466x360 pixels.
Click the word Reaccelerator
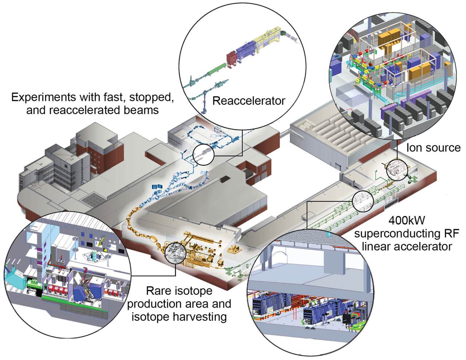[x=249, y=101]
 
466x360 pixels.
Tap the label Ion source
[x=433, y=148]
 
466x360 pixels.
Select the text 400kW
[x=406, y=221]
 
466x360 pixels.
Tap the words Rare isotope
[x=179, y=291]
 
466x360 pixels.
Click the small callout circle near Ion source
[x=395, y=170]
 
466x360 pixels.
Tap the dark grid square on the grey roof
[x=91, y=200]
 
